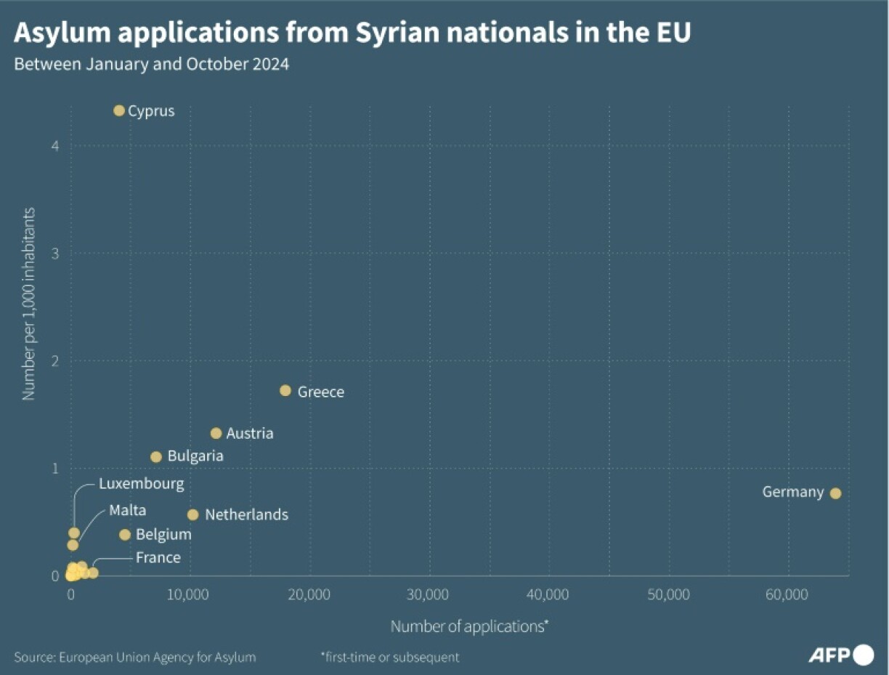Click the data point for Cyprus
[x=119, y=110]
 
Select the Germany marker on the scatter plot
[x=835, y=493]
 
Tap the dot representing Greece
[x=285, y=391]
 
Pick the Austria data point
[x=216, y=433]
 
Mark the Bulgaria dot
[x=156, y=457]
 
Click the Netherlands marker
[x=192, y=515]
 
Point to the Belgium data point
[x=125, y=535]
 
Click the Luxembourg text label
[x=141, y=483]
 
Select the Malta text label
[x=127, y=510]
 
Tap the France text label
[x=158, y=558]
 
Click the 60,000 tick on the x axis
[x=787, y=595]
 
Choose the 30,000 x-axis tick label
[x=429, y=595]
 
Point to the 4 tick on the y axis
[x=55, y=146]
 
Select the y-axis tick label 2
[x=55, y=361]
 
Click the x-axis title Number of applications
[x=468, y=626]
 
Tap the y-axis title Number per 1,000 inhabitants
[x=29, y=304]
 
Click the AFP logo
[x=840, y=655]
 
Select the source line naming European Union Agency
[x=135, y=658]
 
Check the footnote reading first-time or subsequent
[x=390, y=658]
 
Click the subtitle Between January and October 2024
[x=152, y=64]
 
